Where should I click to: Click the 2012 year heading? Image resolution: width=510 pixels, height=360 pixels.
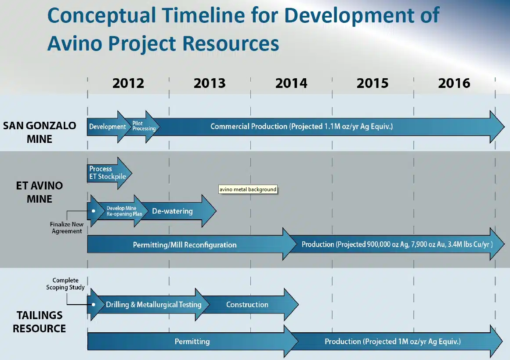tap(128, 84)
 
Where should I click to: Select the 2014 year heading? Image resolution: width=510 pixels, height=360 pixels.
tap(291, 84)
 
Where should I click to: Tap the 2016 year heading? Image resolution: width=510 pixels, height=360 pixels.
tap(454, 84)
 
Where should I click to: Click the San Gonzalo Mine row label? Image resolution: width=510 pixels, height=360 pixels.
tap(40, 132)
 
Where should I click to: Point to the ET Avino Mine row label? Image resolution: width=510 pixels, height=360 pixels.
tap(40, 192)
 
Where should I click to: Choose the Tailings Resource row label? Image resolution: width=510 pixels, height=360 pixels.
tap(40, 322)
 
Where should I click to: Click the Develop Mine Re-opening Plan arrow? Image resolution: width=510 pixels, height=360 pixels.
tap(122, 211)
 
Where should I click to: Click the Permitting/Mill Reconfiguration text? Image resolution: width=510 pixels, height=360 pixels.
tap(185, 245)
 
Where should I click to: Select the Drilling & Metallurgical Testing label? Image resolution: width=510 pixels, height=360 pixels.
tap(153, 305)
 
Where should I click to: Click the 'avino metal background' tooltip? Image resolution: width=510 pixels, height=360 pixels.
tap(248, 189)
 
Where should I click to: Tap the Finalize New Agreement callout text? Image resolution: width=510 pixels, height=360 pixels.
tap(67, 228)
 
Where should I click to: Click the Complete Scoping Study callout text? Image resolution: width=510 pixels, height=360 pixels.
tap(65, 284)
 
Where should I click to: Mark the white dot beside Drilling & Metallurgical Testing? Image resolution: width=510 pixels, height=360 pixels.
tap(94, 305)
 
